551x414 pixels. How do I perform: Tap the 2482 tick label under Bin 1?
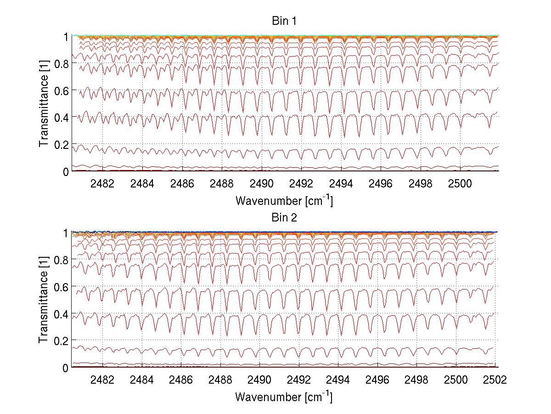(102, 183)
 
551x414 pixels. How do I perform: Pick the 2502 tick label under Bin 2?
(495, 380)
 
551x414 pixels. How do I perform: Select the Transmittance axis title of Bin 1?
(44, 103)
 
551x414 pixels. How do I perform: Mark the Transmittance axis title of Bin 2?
(44, 300)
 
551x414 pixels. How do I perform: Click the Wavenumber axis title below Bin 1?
(283, 200)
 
